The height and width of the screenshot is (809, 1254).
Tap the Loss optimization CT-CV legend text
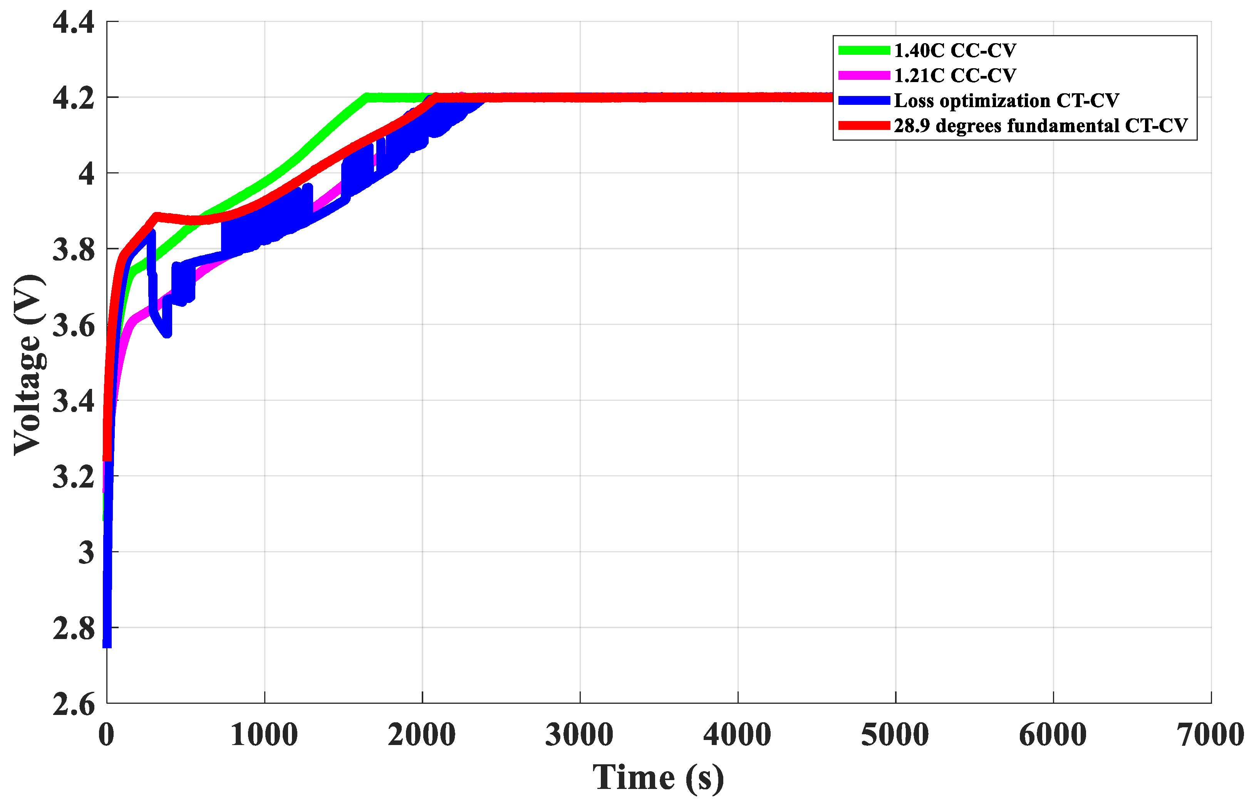[1006, 100]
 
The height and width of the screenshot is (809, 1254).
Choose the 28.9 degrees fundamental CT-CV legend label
[1040, 126]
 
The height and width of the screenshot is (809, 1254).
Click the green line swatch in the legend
[863, 50]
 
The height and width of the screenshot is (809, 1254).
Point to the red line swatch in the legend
[863, 126]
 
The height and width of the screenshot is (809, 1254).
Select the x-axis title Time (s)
[658, 777]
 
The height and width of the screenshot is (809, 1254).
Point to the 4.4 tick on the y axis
[74, 23]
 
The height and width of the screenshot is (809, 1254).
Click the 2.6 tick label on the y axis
[74, 704]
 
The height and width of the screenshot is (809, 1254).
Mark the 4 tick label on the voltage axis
[86, 173]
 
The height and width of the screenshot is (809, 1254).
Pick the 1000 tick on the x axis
[264, 734]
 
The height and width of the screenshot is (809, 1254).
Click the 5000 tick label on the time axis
[895, 734]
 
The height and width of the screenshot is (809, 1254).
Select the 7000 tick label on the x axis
[1210, 734]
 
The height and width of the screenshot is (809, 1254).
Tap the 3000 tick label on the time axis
[580, 734]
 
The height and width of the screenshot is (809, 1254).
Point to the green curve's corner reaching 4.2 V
[366, 97]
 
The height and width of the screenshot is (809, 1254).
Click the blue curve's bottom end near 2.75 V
[107, 645]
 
